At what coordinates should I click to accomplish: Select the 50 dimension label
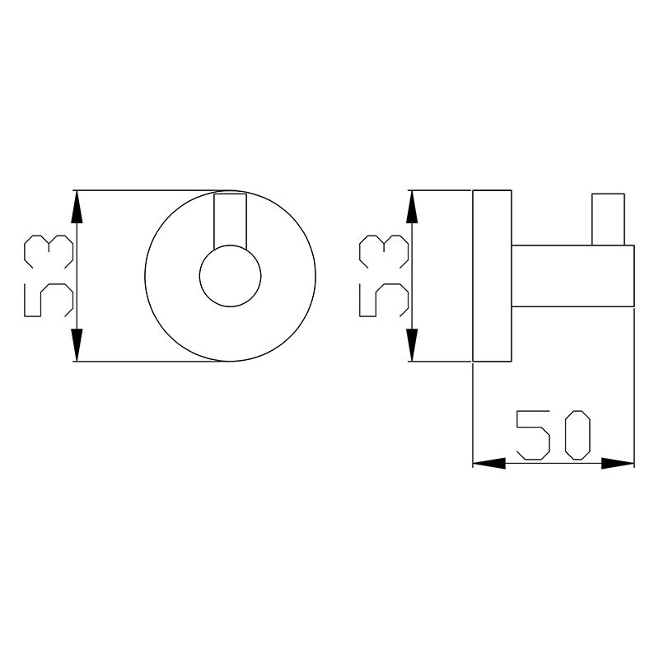554,435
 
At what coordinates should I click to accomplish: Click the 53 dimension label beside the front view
49,276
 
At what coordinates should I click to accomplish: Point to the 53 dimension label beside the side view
384,276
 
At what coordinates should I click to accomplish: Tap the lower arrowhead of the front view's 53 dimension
76,344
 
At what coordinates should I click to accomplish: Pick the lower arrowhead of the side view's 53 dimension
412,344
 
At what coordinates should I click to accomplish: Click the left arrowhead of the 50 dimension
489,464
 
